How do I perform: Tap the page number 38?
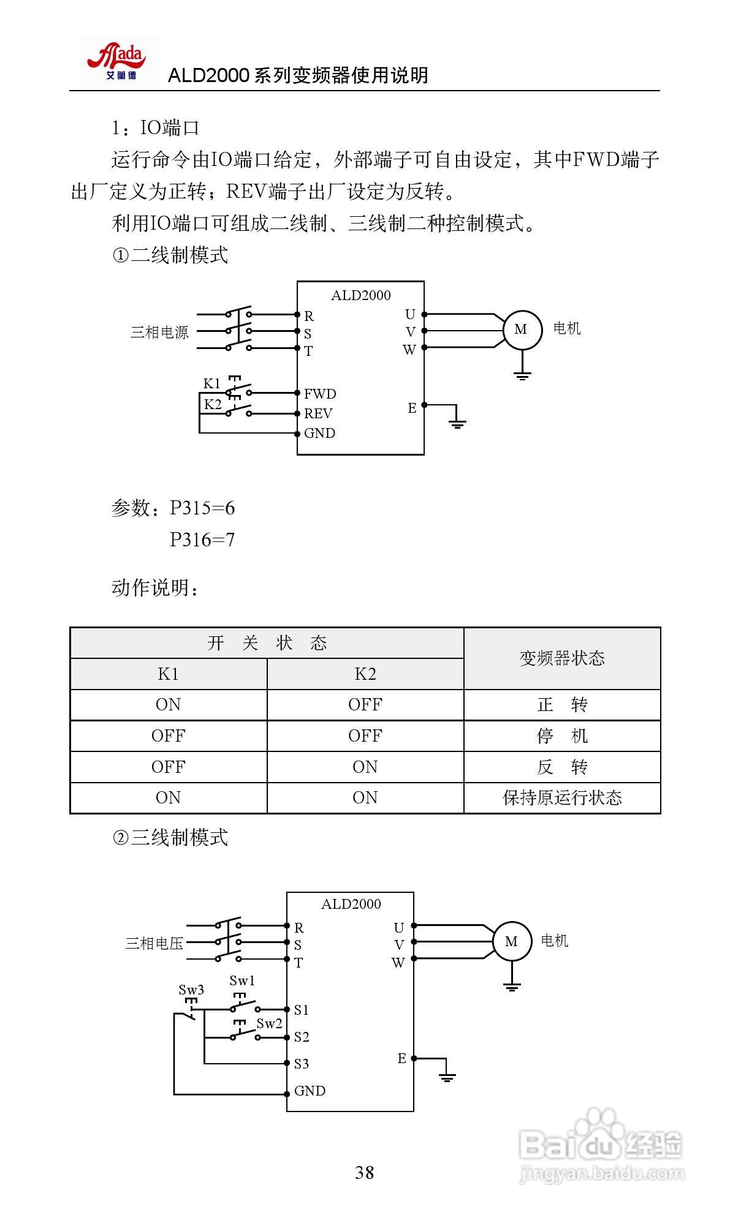coord(364,1172)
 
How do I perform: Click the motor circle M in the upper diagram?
coord(522,330)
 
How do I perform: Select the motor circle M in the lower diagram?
coord(512,941)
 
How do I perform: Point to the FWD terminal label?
coord(320,394)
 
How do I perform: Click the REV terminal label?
coord(318,413)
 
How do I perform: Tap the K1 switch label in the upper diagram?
coord(211,383)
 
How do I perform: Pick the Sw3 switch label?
coord(191,990)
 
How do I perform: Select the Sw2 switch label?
coord(269,1023)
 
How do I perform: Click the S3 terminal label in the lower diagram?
coord(301,1064)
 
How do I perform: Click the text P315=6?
coord(202,508)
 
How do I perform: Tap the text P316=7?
coord(202,540)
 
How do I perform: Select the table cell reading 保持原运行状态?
coord(562,797)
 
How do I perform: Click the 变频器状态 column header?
coord(562,658)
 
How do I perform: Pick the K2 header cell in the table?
coord(365,674)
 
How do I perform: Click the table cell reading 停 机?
coord(562,735)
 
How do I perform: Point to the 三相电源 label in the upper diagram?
coord(159,333)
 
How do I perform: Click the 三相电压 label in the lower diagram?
coord(154,943)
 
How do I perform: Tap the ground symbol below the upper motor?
coord(522,375)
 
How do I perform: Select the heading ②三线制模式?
coord(170,837)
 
